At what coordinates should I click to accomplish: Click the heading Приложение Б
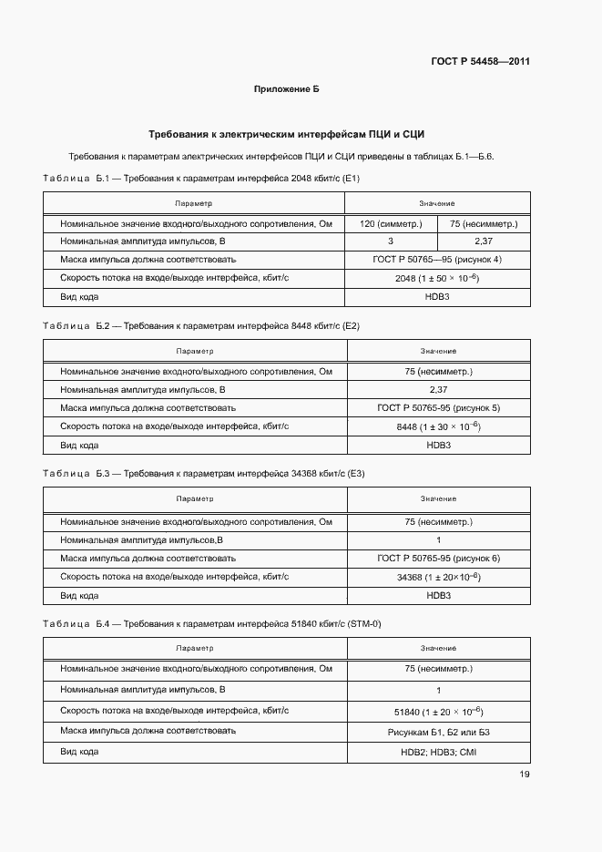tap(286, 89)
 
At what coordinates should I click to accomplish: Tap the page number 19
tap(525, 775)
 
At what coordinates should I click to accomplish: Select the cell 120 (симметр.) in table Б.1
tap(391, 223)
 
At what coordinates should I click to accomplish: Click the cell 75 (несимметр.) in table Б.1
tap(484, 223)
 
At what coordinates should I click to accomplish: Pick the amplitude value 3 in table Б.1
tap(391, 241)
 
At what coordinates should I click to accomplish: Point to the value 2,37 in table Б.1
tap(484, 241)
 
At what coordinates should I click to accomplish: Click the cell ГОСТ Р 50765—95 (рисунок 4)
tap(437, 260)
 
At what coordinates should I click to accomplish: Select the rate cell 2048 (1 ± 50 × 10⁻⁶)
tap(437, 278)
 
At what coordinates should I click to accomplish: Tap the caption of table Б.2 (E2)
tap(201, 325)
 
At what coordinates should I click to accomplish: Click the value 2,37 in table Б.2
tap(438, 390)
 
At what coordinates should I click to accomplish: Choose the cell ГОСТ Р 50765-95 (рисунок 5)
tap(438, 408)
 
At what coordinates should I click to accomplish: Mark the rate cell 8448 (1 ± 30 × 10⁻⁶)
tap(438, 426)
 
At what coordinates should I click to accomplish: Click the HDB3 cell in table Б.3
tap(438, 595)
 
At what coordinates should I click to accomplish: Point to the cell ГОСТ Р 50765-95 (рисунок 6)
tap(438, 558)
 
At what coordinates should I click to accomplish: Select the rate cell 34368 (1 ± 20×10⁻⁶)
tap(438, 577)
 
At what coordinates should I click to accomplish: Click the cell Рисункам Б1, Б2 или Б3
tap(438, 732)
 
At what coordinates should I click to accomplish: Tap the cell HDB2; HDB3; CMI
tap(438, 753)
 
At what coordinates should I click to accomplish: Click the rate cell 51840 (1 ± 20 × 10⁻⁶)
tap(438, 711)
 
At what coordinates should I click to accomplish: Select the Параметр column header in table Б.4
tap(195, 648)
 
